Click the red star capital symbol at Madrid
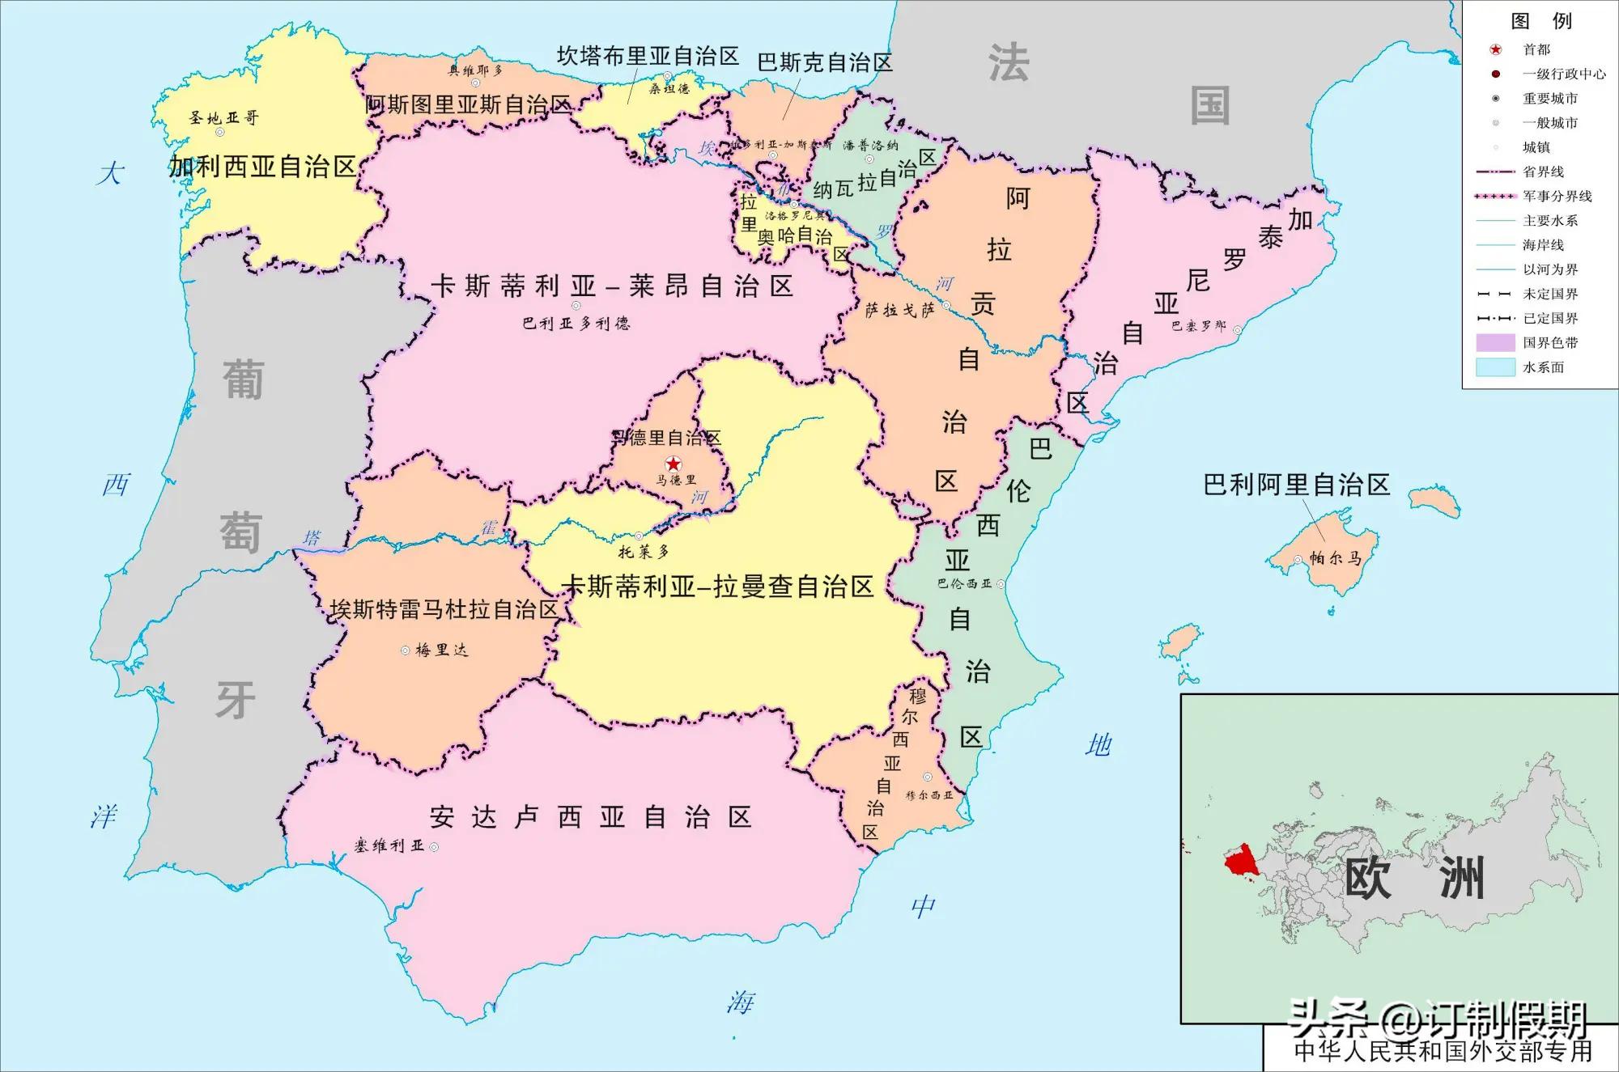point(673,464)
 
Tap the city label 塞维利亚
point(389,846)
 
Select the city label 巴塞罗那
point(1199,327)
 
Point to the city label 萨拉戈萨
point(900,310)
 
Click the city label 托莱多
point(644,553)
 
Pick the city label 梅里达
point(441,650)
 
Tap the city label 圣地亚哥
point(224,118)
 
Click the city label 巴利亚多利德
point(576,324)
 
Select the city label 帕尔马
point(1335,558)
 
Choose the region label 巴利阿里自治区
point(1296,485)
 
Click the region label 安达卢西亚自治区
point(591,817)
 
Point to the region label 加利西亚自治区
point(263,167)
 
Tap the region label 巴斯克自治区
point(824,62)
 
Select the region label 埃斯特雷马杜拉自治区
point(444,609)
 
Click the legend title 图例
point(1541,21)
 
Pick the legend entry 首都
point(1536,49)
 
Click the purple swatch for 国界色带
point(1495,343)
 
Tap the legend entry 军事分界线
point(1557,196)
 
